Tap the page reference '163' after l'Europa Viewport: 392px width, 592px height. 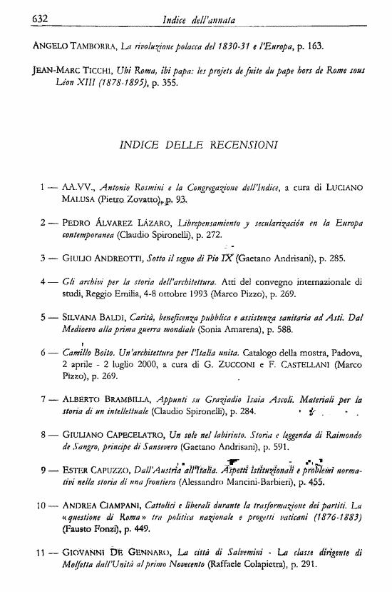[x=316, y=46]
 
